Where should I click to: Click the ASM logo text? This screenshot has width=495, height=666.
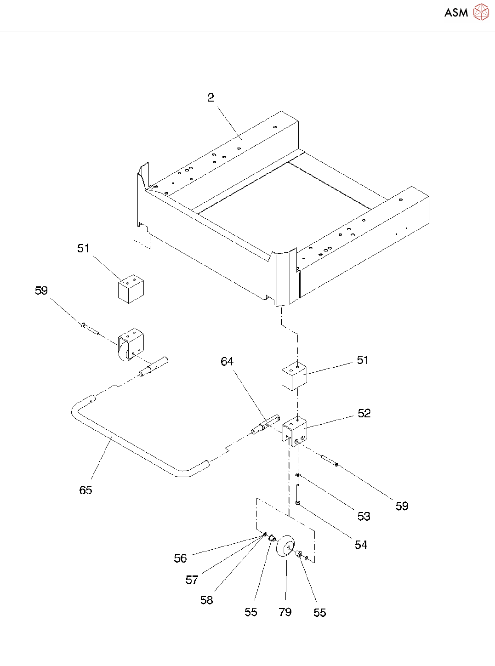(x=456, y=13)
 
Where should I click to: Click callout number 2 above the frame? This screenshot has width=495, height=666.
(x=211, y=97)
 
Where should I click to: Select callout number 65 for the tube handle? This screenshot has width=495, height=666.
(x=85, y=490)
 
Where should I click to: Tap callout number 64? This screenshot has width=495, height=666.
(x=227, y=362)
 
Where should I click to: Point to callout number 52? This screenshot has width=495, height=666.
(x=364, y=413)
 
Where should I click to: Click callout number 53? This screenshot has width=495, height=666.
(x=364, y=517)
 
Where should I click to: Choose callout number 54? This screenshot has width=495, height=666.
(x=361, y=545)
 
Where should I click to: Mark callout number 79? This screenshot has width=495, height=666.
(x=285, y=612)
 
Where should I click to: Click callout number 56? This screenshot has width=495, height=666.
(x=180, y=558)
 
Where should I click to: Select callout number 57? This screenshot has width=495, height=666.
(x=192, y=580)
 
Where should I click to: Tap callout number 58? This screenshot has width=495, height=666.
(x=206, y=600)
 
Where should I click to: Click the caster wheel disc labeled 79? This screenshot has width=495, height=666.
(x=285, y=546)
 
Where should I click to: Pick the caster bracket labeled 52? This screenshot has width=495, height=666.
(x=294, y=431)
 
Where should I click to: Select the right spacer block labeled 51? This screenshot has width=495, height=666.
(x=294, y=376)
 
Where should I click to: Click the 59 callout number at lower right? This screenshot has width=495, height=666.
(x=402, y=506)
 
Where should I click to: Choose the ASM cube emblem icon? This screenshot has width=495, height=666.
(x=481, y=12)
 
